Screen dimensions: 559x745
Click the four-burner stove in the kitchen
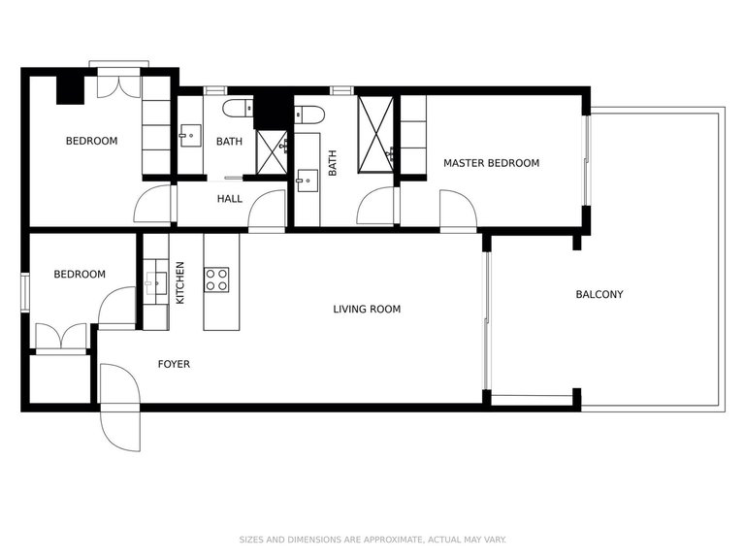coord(216,279)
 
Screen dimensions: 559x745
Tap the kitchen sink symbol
coord(156,282)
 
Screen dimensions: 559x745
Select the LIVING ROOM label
coord(367,310)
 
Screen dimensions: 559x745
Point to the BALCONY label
coord(599,294)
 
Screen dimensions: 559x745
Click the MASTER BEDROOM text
coord(491,163)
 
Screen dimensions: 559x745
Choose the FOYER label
coord(175,365)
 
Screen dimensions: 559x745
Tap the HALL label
coord(230,199)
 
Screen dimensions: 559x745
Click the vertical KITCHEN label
coord(180,282)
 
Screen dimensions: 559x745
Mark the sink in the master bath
coord(309,180)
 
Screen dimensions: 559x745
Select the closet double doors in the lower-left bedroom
coord(61,337)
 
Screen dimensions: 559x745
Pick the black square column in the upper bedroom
coord(70,89)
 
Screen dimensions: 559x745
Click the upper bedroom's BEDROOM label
coord(91,141)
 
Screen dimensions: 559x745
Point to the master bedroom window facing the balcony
coord(586,160)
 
